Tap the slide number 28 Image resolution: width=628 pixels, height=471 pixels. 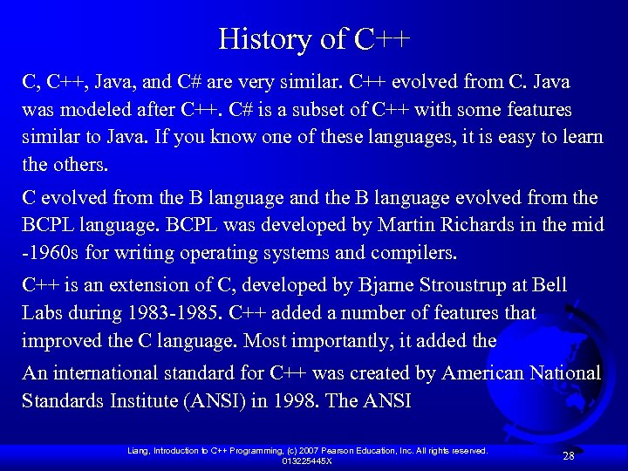(569, 456)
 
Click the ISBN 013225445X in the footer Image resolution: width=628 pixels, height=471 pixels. (306, 461)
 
